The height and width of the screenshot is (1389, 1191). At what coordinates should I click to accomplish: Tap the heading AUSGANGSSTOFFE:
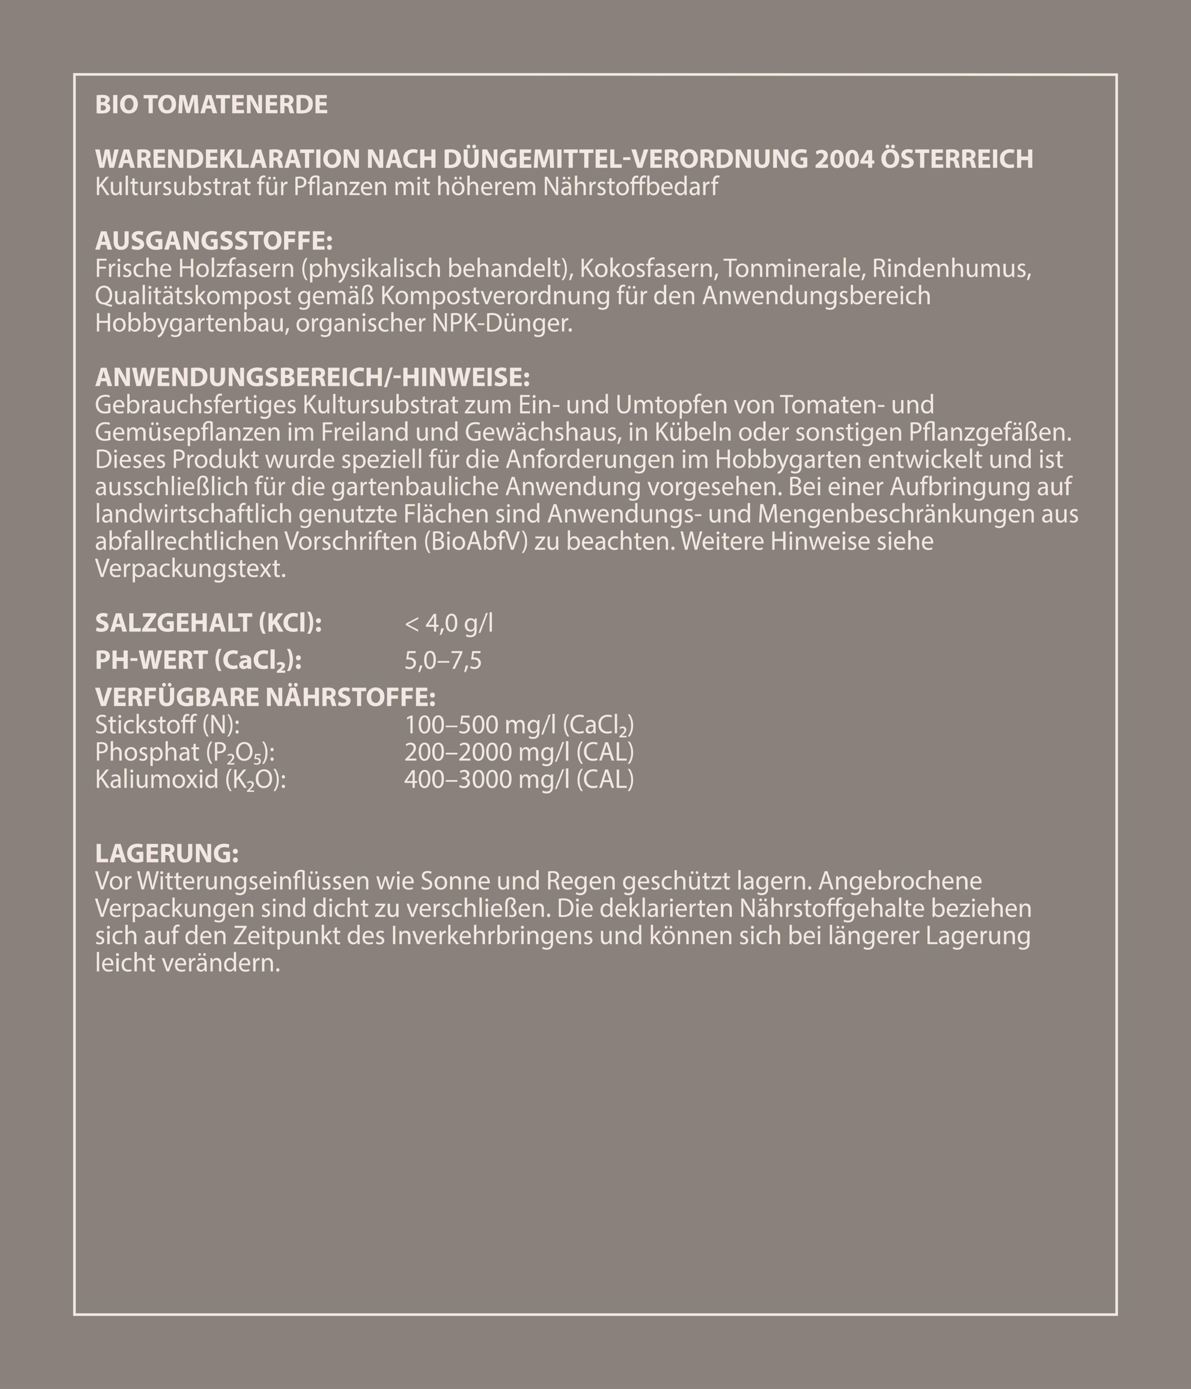(x=214, y=241)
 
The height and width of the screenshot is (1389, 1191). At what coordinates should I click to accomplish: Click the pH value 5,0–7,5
(x=443, y=661)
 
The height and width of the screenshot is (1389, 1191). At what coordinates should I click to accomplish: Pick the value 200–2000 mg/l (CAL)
(x=518, y=752)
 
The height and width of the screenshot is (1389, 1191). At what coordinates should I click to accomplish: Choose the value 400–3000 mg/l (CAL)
(x=518, y=780)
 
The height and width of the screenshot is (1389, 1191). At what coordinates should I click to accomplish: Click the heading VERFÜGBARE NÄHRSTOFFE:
(x=265, y=697)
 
